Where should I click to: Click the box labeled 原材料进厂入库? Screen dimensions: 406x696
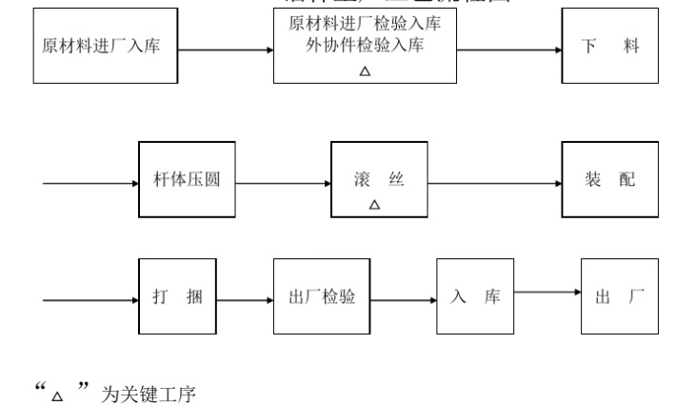pos(105,46)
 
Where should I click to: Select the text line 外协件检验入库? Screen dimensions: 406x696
pos(366,44)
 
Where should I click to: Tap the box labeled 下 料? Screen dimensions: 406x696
pos(609,46)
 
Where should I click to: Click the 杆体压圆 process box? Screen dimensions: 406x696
pos(187,179)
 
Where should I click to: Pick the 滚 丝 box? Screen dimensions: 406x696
pos(375,180)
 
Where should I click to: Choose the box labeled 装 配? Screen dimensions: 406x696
pos(609,179)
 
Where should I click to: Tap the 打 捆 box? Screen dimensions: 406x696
pos(176,296)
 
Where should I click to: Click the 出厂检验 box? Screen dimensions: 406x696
pos(322,296)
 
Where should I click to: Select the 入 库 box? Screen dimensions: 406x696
pos(475,296)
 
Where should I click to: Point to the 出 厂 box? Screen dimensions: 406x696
pos(619,296)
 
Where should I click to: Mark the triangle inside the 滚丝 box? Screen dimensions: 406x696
pos(374,205)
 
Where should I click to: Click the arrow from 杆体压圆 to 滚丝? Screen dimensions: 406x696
pos(283,181)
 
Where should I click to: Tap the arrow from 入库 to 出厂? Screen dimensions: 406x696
pos(547,294)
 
